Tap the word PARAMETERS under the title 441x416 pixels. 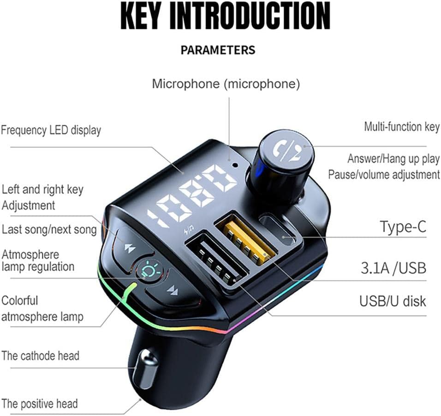(218, 50)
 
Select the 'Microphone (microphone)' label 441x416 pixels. (226, 84)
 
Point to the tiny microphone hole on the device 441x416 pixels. (234, 164)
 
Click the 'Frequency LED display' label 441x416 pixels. (51, 130)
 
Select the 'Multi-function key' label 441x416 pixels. (402, 127)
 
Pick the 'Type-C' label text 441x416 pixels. (403, 227)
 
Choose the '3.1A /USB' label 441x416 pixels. (393, 268)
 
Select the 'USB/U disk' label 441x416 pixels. (393, 301)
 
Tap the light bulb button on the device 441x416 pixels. (149, 270)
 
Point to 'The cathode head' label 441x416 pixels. (40, 356)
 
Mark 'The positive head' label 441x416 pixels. (40, 404)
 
